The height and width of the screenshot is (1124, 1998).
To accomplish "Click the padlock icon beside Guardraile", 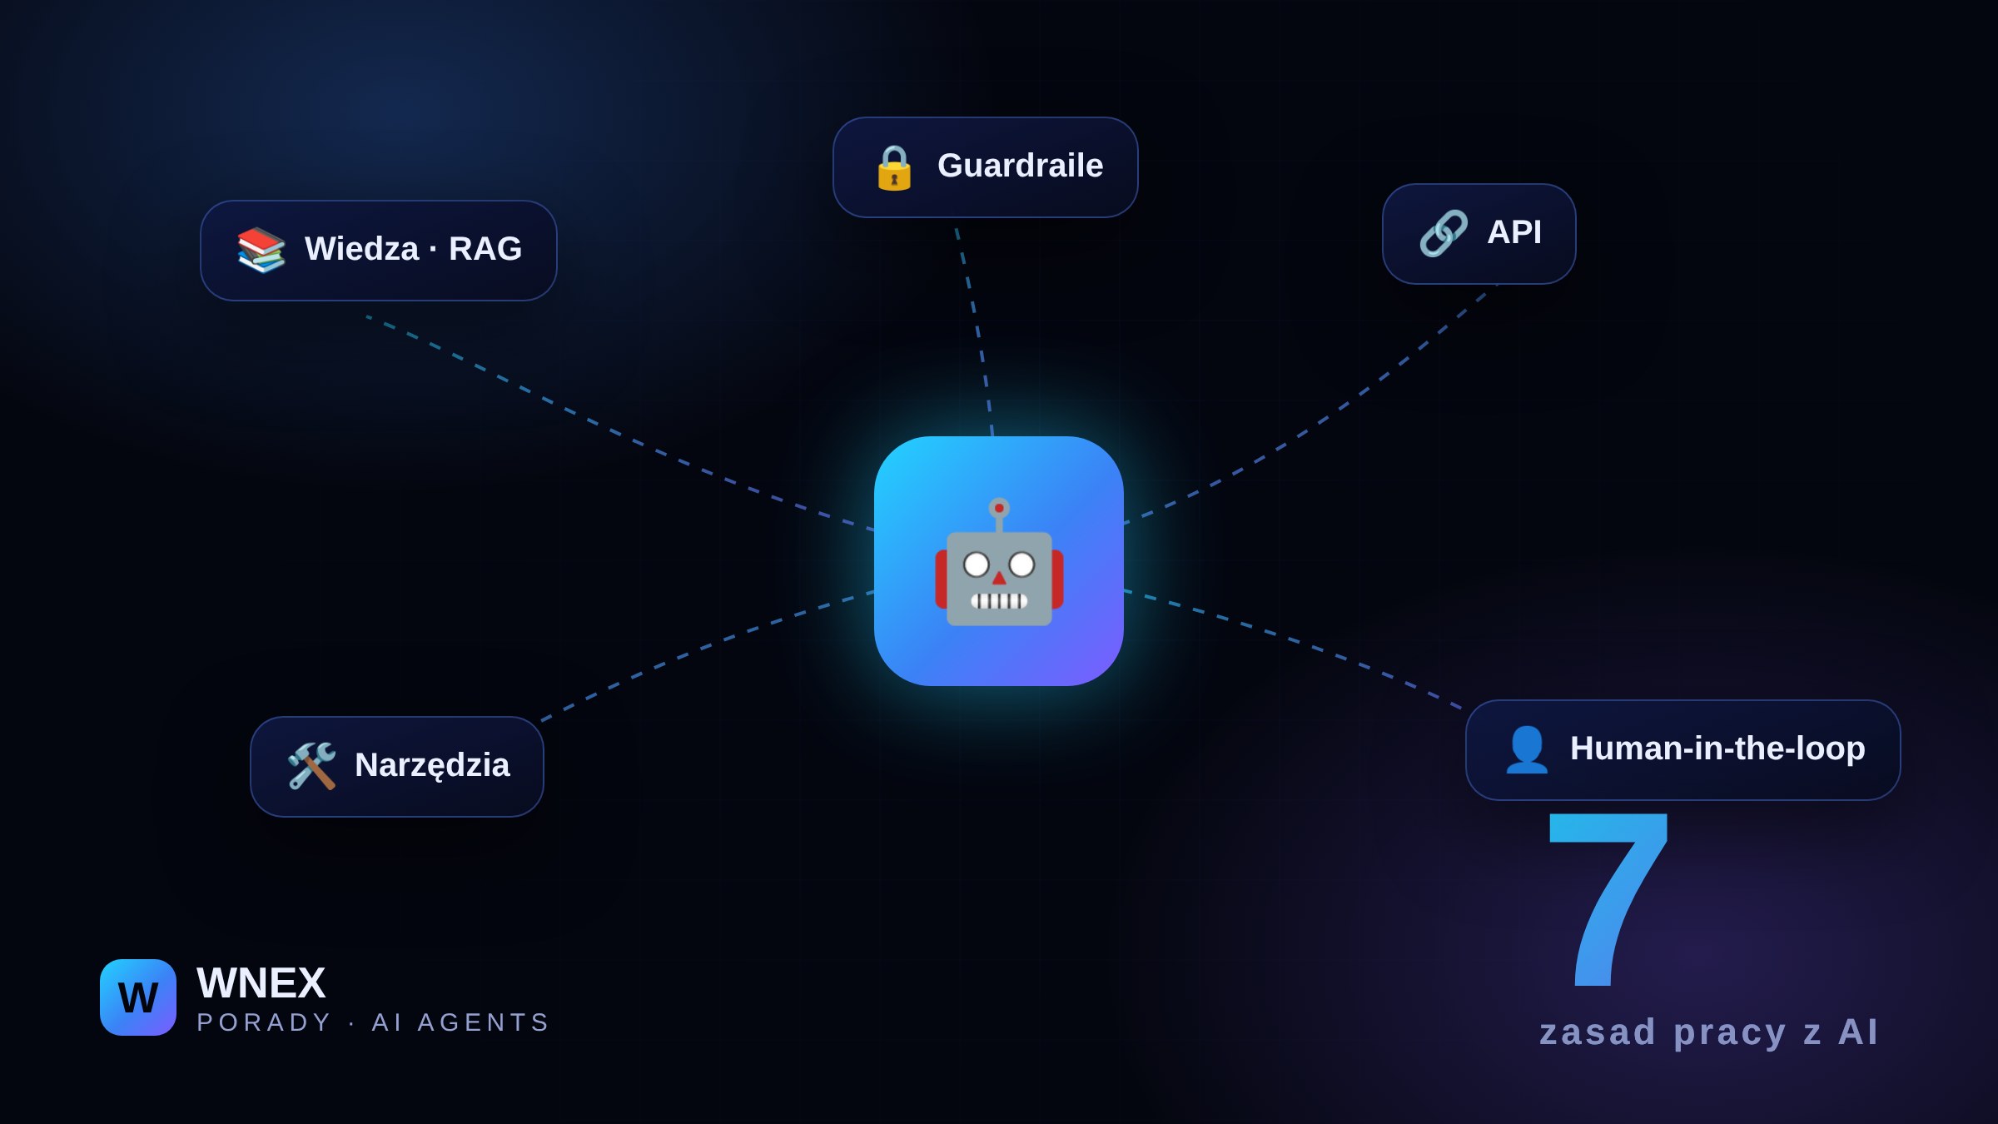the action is [x=894, y=167].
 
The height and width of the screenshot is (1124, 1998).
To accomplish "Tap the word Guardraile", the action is [x=1020, y=166].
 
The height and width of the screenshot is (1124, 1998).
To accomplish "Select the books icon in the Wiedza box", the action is [x=261, y=250].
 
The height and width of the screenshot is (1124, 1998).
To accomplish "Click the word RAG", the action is [x=485, y=249].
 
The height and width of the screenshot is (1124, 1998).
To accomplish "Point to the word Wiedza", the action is [x=361, y=249].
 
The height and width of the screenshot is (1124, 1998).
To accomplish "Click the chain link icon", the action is [x=1444, y=233].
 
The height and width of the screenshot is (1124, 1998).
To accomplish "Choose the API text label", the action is [x=1514, y=232].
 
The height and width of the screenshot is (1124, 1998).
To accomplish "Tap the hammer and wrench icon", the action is [x=311, y=766].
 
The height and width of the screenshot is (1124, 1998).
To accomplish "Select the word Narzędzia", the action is [x=432, y=766].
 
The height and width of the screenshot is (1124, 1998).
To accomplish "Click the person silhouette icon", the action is [x=1527, y=749].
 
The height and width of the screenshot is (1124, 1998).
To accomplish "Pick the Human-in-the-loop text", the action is [x=1717, y=749].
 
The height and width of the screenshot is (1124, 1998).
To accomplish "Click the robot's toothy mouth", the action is [x=999, y=600].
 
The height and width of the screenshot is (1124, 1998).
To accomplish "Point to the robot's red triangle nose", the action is [x=999, y=578].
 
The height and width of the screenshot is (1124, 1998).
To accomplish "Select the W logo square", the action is [x=138, y=997].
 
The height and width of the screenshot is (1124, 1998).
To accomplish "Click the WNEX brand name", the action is [x=261, y=983].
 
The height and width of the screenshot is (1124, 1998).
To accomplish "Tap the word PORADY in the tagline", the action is [x=264, y=1022].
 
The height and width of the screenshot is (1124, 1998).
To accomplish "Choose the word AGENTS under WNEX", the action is [x=483, y=1022].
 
